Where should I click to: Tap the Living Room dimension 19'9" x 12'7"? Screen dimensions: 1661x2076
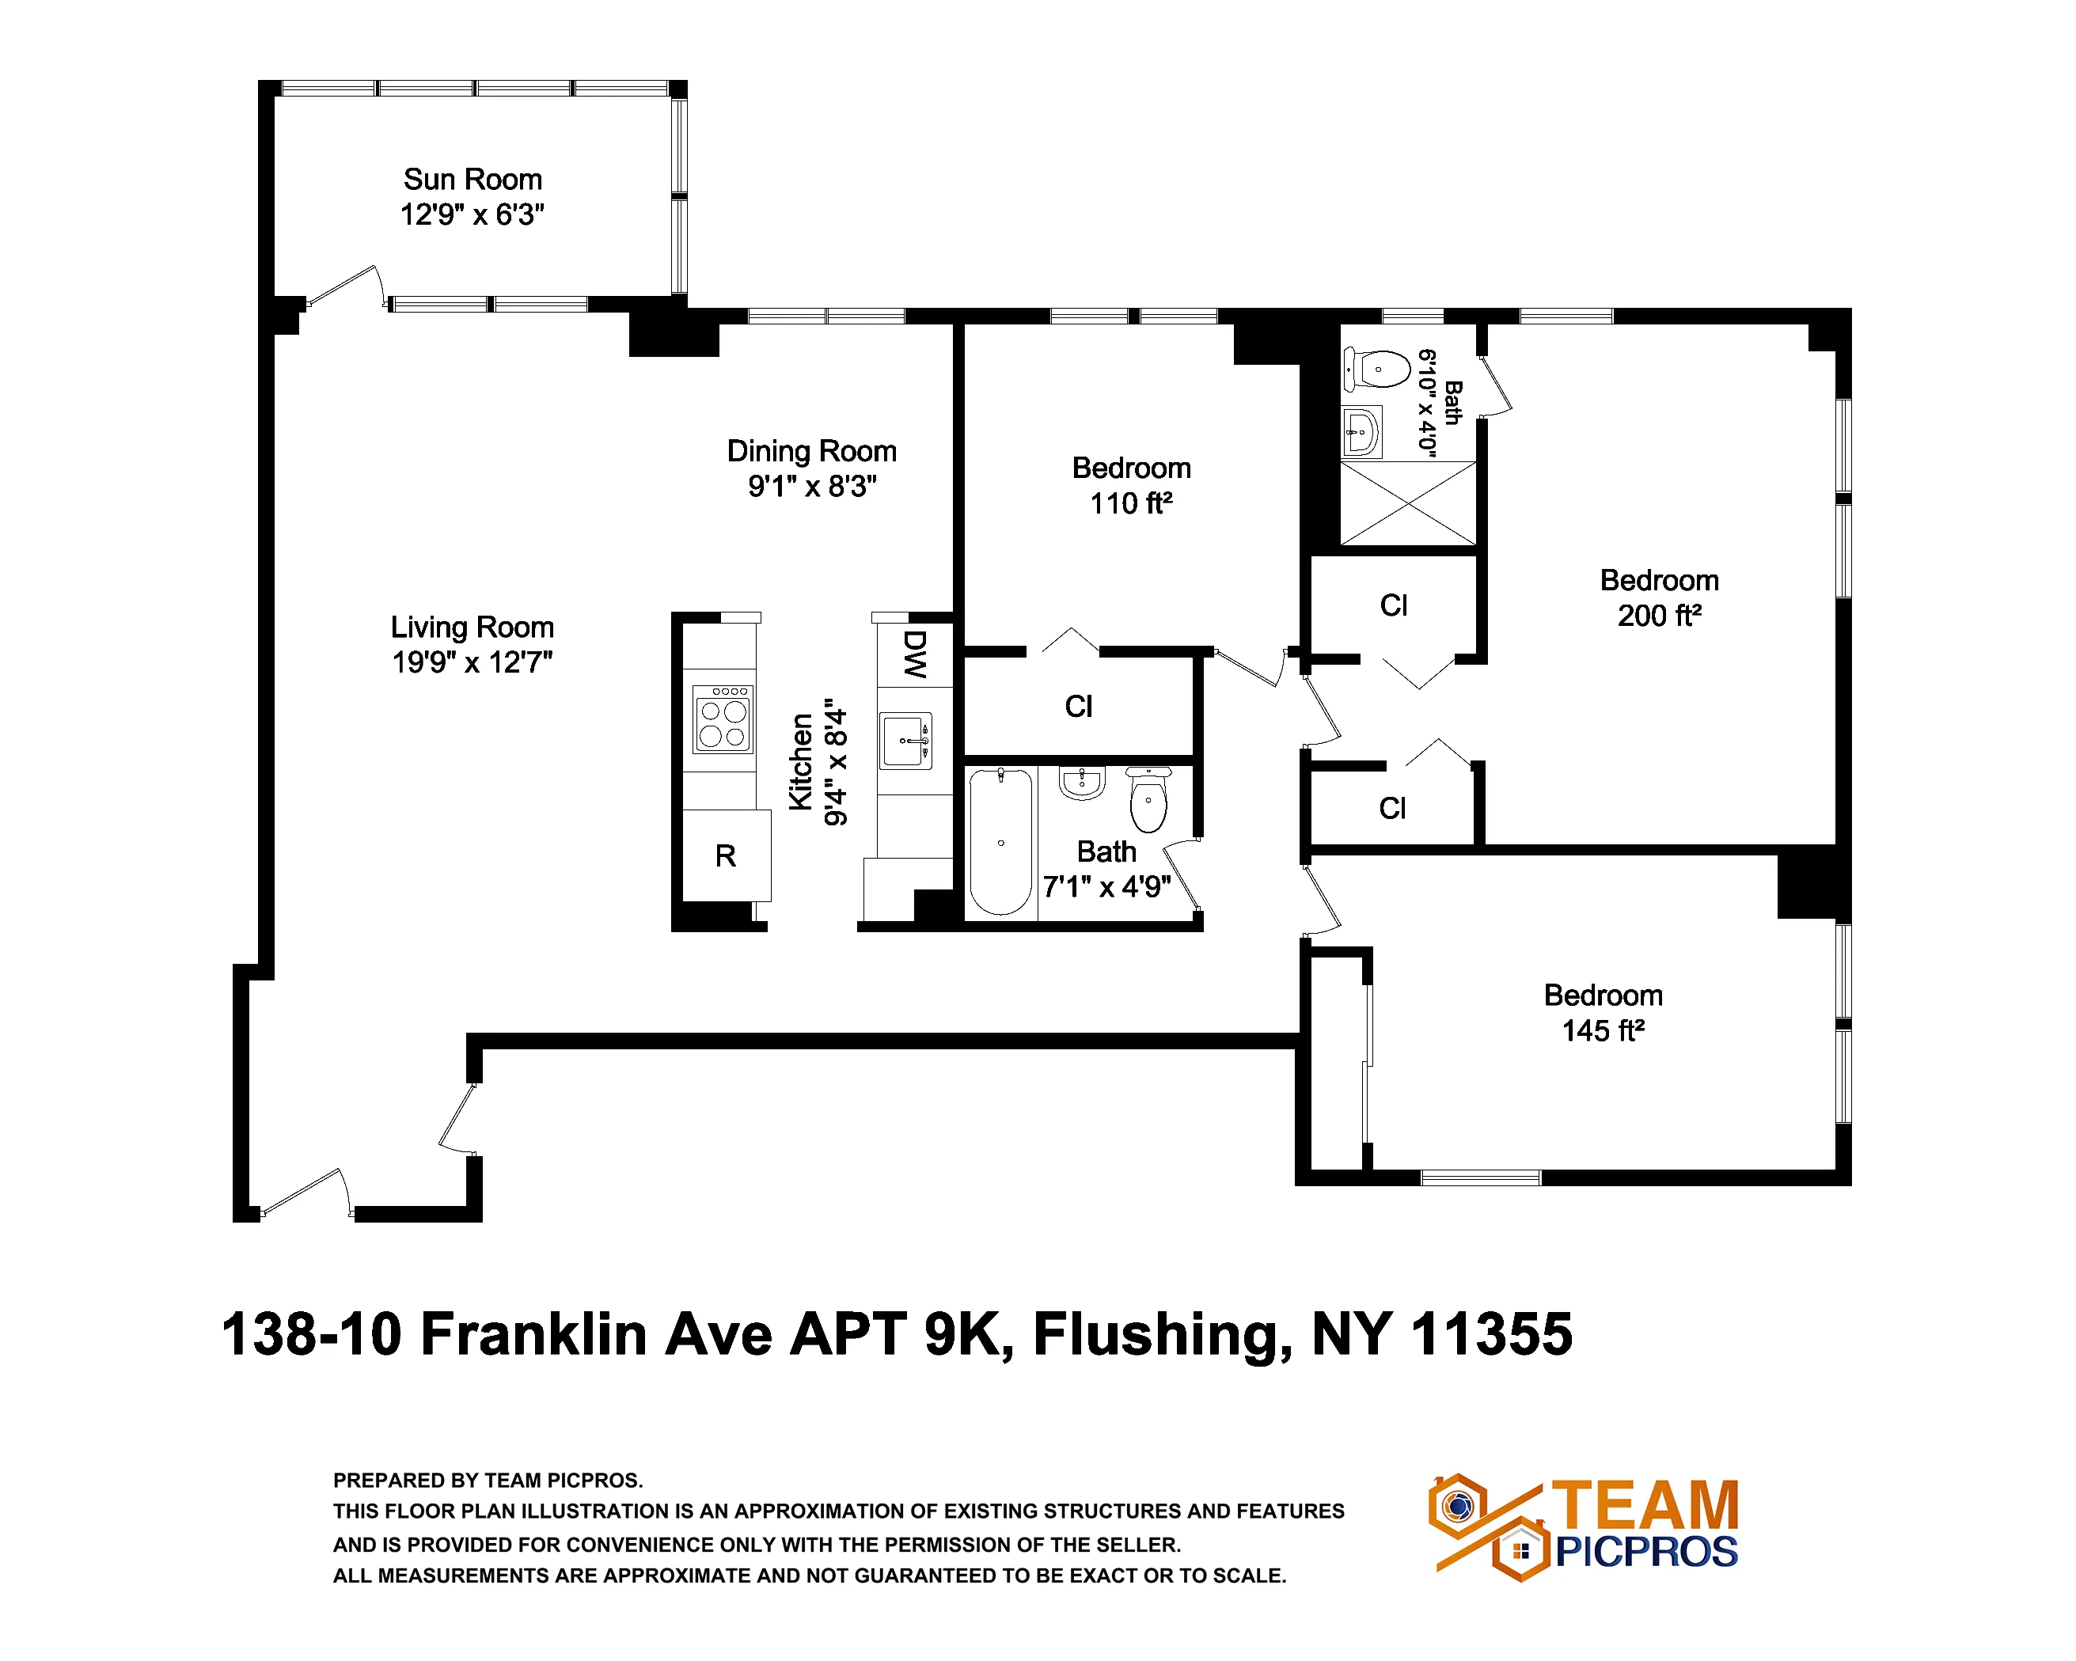tap(472, 663)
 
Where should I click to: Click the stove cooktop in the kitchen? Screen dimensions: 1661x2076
tap(723, 719)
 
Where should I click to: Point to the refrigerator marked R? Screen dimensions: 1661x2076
tap(726, 856)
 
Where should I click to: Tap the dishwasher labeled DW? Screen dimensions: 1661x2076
tap(915, 654)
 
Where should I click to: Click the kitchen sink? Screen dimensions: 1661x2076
tap(906, 741)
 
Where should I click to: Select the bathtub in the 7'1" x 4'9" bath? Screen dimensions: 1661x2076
tap(1000, 841)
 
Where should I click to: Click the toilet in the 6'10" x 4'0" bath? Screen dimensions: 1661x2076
tap(1377, 370)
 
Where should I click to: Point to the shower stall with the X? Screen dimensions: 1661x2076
tap(1408, 503)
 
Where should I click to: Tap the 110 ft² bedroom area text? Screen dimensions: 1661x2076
tap(1132, 503)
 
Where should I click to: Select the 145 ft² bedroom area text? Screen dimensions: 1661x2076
tap(1603, 1031)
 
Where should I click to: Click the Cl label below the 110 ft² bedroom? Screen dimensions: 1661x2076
tap(1079, 707)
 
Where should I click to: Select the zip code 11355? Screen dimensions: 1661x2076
tap(1492, 1336)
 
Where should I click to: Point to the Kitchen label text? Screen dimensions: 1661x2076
tap(801, 763)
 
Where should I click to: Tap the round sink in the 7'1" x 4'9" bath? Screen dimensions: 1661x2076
tap(1082, 783)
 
